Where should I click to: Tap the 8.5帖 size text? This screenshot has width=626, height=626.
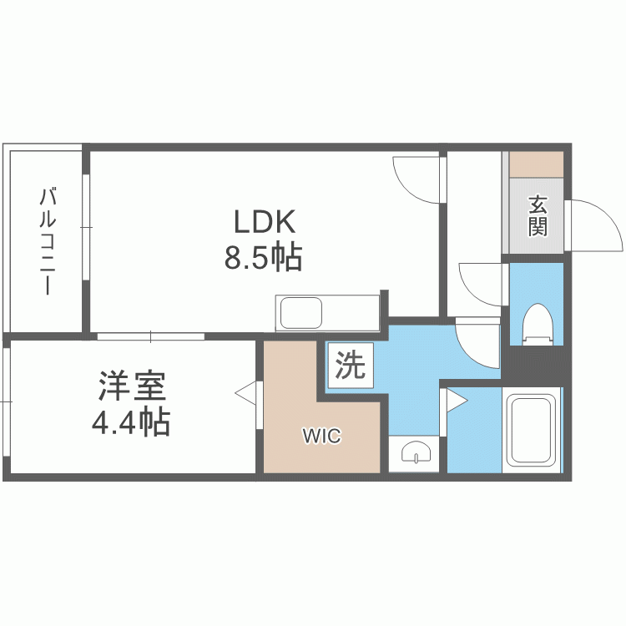click(x=262, y=259)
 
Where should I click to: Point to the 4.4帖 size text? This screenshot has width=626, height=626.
click(x=131, y=423)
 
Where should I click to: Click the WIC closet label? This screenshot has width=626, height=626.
click(x=321, y=436)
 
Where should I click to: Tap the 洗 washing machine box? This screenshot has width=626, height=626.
click(x=351, y=366)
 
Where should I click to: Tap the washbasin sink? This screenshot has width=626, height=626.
click(x=415, y=453)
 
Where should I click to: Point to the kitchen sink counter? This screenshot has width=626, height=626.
click(x=327, y=313)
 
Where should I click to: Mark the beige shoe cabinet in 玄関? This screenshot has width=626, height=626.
click(x=537, y=164)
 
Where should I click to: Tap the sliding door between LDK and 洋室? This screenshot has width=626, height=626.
click(x=150, y=336)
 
